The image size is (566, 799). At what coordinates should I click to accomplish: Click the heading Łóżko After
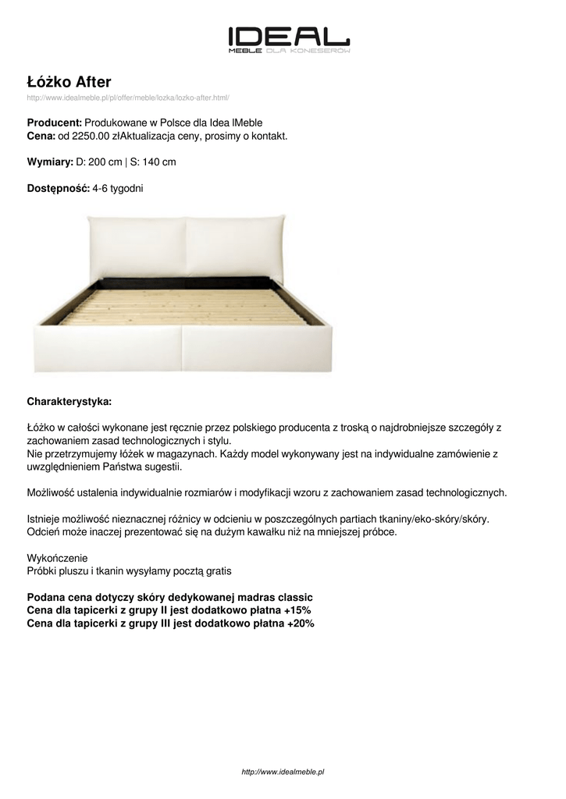pos(69,81)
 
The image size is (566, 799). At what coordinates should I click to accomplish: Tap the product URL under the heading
pos(128,98)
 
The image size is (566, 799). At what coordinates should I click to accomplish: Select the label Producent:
pos(55,123)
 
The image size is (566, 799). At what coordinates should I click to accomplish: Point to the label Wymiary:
pos(50,162)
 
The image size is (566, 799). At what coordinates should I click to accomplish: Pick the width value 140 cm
pos(158,162)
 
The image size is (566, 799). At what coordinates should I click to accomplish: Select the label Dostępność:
pos(59,189)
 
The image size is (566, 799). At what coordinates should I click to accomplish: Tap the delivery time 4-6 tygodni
pos(118,189)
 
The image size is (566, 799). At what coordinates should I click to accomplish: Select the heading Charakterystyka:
pos(69,402)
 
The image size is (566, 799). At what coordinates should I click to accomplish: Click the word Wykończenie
pos(58,559)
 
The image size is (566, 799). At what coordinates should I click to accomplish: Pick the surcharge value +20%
pos(301,623)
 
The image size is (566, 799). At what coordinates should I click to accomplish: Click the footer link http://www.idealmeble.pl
pos(283,772)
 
